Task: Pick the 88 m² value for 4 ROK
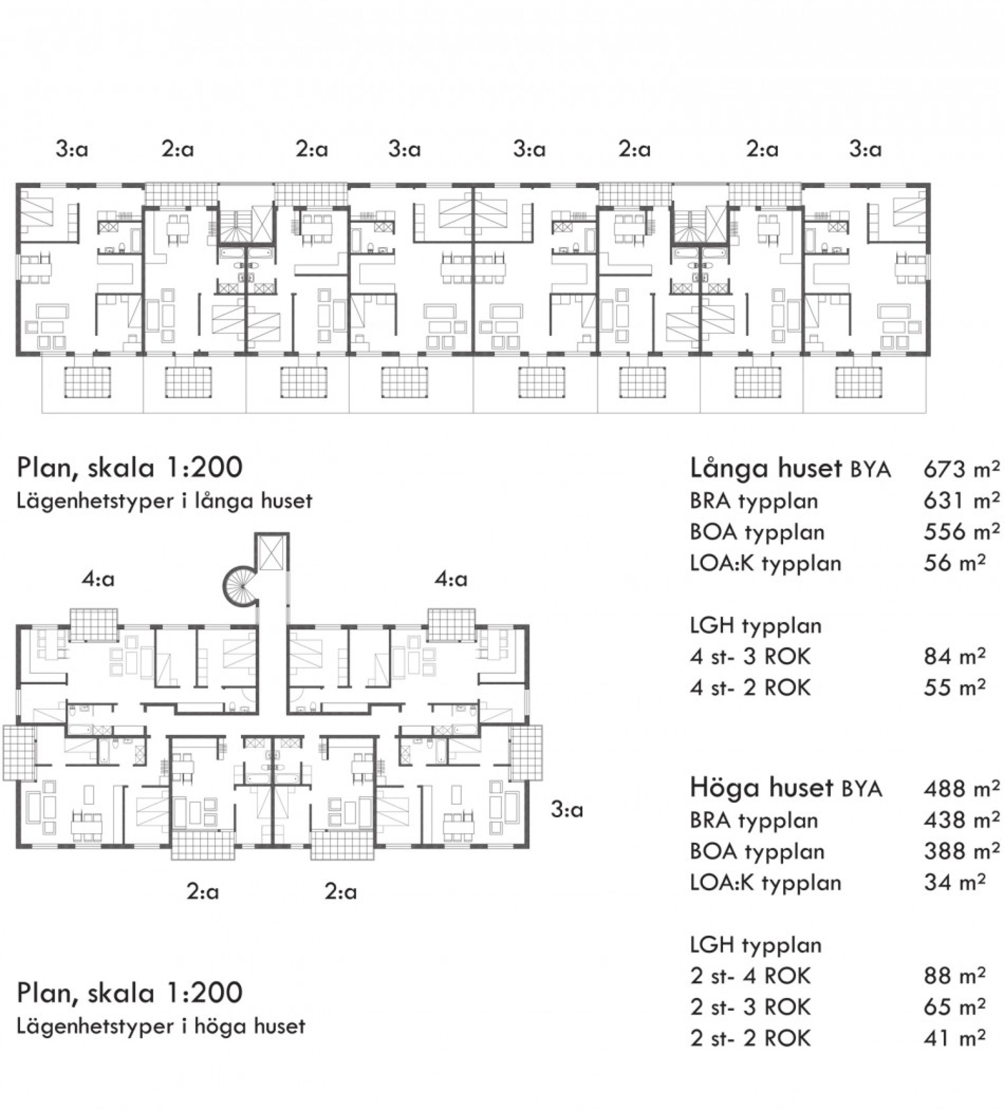click(x=954, y=976)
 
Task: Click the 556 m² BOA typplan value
click(x=961, y=532)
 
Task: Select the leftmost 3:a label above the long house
click(x=72, y=149)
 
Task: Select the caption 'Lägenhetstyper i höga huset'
click(x=161, y=1027)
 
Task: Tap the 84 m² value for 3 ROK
click(x=954, y=656)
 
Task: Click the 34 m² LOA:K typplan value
click(x=954, y=882)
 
